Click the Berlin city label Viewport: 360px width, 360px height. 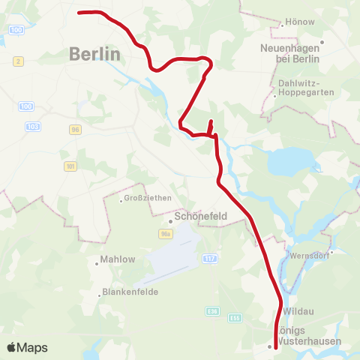(94, 54)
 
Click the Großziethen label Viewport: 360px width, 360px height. (148, 198)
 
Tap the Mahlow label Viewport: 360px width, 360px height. (118, 260)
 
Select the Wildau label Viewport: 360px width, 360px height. (298, 310)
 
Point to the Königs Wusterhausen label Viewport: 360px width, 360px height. (309, 336)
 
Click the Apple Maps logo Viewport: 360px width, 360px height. (28, 347)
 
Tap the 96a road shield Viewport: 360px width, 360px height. (166, 235)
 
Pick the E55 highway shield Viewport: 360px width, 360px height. (235, 318)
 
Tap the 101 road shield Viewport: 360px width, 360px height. (70, 166)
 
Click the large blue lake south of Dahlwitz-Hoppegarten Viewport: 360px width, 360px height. (288, 159)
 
